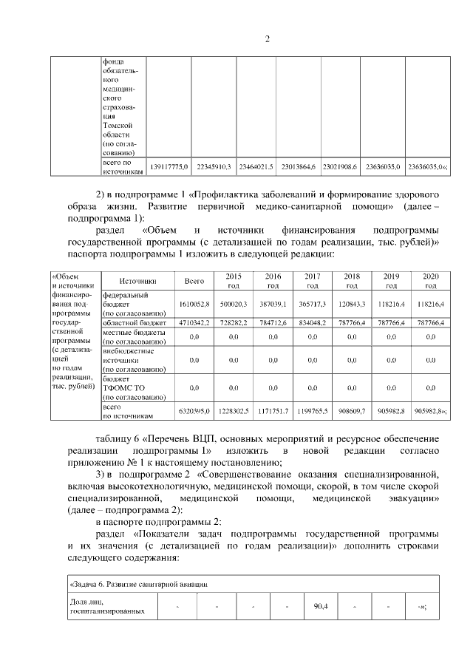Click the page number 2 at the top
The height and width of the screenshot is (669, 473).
268,39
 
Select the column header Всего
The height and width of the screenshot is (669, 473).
194,281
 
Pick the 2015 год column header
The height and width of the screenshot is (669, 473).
233,281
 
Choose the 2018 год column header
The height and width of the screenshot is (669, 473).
352,281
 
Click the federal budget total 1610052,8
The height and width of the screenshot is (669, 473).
194,304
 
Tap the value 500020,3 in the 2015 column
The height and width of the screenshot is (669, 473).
233,304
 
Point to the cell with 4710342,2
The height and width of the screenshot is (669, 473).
194,323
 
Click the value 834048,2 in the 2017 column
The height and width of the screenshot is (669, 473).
312,323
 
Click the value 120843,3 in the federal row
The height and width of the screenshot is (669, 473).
352,304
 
